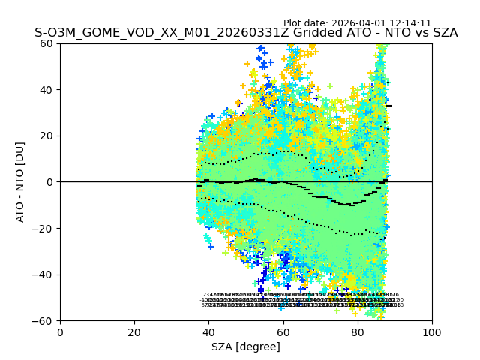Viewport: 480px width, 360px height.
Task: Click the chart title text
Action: click(x=246, y=33)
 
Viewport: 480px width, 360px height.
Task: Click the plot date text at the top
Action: click(x=357, y=23)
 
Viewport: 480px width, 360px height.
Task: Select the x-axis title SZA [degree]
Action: click(x=246, y=346)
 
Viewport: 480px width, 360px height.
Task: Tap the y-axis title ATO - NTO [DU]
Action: click(x=21, y=181)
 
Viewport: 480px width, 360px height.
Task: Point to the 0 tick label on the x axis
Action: click(x=60, y=332)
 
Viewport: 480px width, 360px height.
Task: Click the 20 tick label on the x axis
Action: click(x=134, y=332)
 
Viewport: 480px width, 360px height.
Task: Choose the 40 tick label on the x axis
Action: click(x=208, y=332)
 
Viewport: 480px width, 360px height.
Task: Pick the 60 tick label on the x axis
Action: click(x=283, y=332)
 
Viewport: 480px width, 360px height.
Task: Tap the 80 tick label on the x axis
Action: click(x=358, y=332)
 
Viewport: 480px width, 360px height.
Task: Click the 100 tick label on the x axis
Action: click(x=432, y=332)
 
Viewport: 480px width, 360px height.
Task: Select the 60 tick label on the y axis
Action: click(x=47, y=43)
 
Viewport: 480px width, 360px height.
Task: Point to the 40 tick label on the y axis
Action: click(x=47, y=90)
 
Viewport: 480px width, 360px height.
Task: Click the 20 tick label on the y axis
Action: click(x=47, y=136)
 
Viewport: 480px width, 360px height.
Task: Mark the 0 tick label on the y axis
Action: click(x=50, y=182)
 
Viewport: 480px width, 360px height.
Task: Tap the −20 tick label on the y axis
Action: click(x=44, y=228)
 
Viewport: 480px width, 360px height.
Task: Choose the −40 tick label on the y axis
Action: click(x=44, y=274)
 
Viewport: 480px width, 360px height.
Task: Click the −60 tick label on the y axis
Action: click(x=44, y=320)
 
